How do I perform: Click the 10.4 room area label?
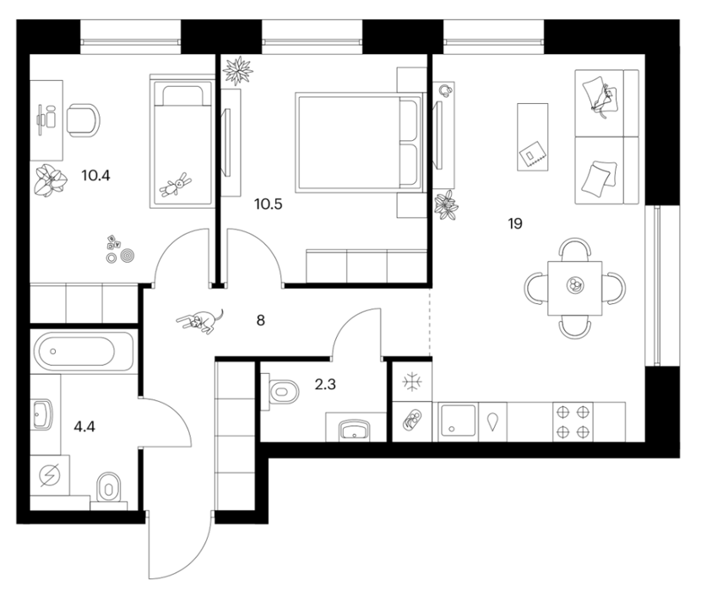tap(95, 176)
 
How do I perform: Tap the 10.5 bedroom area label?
tap(269, 204)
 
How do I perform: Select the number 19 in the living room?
tap(515, 223)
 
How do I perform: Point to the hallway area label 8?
tap(261, 320)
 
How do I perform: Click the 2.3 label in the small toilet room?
tap(325, 384)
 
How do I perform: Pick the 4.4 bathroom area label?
tap(84, 426)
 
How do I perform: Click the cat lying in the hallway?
tap(200, 321)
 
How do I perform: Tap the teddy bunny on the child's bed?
tap(176, 184)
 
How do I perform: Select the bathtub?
tap(84, 351)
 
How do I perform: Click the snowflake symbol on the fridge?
tap(412, 382)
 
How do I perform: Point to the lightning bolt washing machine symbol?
tap(49, 475)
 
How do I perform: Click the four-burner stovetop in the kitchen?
tap(573, 421)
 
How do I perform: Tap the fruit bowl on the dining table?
tap(575, 285)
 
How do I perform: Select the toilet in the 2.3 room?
tap(280, 392)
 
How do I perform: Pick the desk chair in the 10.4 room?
tap(83, 120)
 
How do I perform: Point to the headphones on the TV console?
tap(445, 90)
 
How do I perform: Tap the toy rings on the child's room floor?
tap(121, 256)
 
